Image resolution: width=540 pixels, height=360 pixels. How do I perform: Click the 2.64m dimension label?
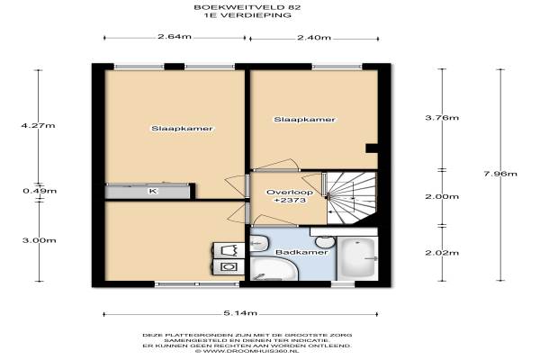click(x=175, y=37)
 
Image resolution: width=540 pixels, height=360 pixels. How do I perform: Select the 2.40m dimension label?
click(x=314, y=37)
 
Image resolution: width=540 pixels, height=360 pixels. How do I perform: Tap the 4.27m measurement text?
click(x=38, y=125)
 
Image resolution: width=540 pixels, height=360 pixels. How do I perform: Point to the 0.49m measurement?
click(x=40, y=191)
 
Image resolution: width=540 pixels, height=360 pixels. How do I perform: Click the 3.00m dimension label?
click(x=40, y=240)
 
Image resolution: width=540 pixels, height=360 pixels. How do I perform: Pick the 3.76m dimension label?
click(x=442, y=118)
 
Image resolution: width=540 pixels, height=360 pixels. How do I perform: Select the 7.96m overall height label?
click(x=500, y=174)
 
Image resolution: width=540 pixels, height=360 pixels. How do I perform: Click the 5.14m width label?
click(x=240, y=313)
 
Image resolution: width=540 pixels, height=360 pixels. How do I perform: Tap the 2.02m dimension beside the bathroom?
click(x=442, y=253)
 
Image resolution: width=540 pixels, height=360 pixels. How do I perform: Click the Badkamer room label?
click(x=301, y=252)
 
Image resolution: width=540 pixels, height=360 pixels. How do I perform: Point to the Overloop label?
click(x=290, y=193)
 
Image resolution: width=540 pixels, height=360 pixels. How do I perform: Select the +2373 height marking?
click(x=290, y=200)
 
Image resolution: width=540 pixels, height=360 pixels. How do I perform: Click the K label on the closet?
click(x=152, y=191)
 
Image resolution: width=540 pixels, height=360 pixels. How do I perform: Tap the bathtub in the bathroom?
click(x=358, y=258)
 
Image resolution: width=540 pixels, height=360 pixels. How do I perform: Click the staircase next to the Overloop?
click(x=351, y=198)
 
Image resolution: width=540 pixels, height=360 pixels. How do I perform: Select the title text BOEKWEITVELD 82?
click(x=247, y=7)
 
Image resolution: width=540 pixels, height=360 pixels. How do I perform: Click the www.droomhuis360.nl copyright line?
click(x=247, y=351)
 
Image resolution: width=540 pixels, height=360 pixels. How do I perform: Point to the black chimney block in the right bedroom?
click(x=372, y=148)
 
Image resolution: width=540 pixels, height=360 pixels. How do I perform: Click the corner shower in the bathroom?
click(x=274, y=269)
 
